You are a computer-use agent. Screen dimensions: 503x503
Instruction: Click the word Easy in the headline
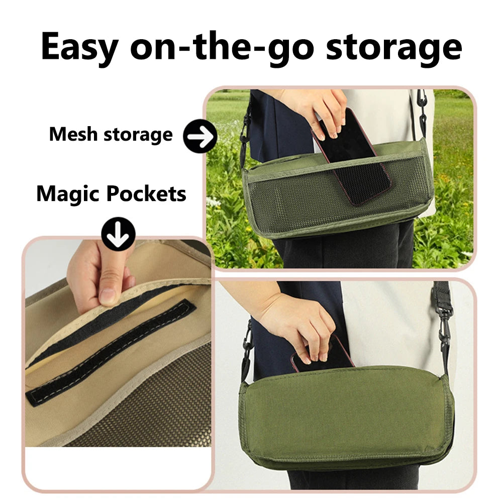(x=80, y=46)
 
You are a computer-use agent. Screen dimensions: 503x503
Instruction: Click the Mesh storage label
(x=111, y=135)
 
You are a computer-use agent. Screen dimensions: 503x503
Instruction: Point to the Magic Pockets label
(x=111, y=194)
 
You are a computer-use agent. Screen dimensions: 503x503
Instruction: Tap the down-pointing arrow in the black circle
(x=118, y=233)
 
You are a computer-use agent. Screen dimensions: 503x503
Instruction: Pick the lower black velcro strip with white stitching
(x=111, y=352)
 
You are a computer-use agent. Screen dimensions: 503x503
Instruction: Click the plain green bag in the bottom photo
(x=347, y=417)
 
